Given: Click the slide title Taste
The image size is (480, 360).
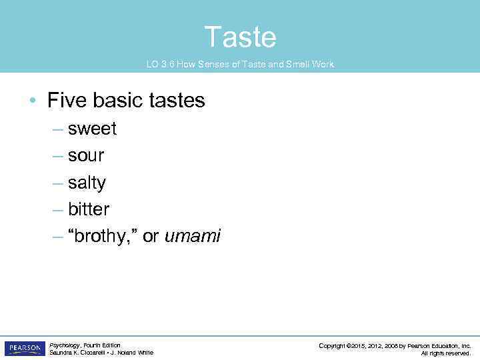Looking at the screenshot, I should click(x=240, y=37).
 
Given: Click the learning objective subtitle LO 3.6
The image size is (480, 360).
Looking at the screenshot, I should click(x=240, y=65).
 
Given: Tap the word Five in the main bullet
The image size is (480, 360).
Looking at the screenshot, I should click(x=68, y=101).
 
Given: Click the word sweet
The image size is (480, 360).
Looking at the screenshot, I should click(x=92, y=129).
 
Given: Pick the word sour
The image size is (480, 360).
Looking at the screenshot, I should click(x=86, y=155).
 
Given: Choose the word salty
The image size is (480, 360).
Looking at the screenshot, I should click(x=87, y=183).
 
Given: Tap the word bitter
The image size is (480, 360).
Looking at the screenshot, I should click(x=88, y=209).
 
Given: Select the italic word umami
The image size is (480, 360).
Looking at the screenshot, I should click(x=192, y=236).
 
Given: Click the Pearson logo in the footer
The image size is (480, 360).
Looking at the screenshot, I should click(x=25, y=349).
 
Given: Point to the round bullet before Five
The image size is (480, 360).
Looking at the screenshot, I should click(x=32, y=101).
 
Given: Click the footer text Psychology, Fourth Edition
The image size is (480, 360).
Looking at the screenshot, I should click(x=85, y=345).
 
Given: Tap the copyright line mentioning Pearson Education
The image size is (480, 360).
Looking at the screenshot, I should click(x=395, y=345).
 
